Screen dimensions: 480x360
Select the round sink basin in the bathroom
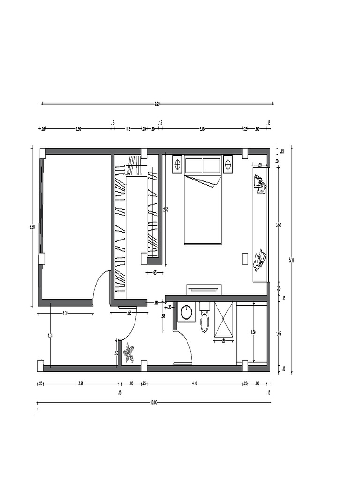pos(187,312)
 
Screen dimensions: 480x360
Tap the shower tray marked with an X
pos(224,319)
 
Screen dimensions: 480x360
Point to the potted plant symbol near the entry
pos(128,352)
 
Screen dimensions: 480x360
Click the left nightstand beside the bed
pos(178,165)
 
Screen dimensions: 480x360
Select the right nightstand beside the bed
pos(228,165)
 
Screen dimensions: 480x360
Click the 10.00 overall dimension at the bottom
pos(154,402)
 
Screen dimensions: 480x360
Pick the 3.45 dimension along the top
pos(202,128)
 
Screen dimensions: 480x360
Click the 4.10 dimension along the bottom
pos(194,383)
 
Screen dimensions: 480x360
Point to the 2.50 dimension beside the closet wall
pos(165,210)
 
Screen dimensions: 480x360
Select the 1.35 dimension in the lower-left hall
pos(50,335)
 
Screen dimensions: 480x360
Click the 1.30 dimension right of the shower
pos(253,332)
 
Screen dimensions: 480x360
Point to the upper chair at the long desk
pos(260,184)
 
